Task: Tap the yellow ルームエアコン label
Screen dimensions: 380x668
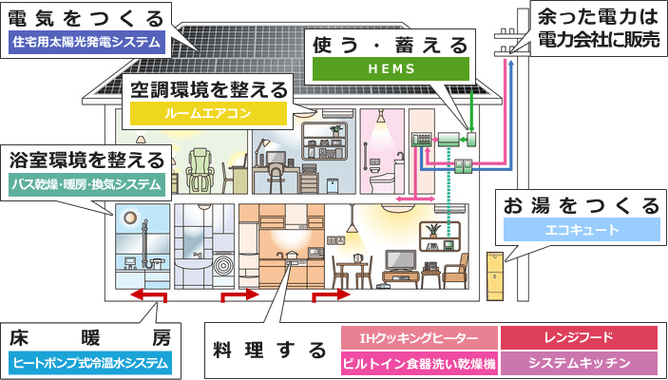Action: coord(209,113)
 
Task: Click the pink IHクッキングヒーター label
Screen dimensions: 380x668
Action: coord(418,338)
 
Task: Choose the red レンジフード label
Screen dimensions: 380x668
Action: coord(579,338)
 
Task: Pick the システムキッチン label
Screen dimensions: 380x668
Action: coord(579,363)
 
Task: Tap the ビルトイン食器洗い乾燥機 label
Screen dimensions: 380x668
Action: coord(418,363)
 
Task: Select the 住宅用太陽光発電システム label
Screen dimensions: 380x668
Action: coord(86,42)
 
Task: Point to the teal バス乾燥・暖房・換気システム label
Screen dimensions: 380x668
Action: coord(87,183)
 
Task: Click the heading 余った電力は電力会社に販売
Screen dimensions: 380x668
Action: coord(597,28)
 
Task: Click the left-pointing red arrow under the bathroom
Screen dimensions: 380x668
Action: coord(150,297)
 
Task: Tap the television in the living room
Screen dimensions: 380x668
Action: coord(398,259)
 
